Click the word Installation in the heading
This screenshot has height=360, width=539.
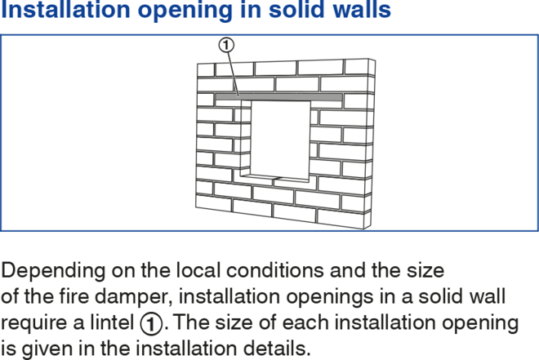pos(65,9)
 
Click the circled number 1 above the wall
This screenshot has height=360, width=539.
pos(226,45)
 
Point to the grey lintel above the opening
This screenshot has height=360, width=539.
pos(278,97)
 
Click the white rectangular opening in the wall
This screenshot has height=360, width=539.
pos(280,139)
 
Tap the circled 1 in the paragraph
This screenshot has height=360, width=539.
pos(151,323)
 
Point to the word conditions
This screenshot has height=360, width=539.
pos(275,271)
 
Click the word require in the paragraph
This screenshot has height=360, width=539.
pos(39,323)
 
